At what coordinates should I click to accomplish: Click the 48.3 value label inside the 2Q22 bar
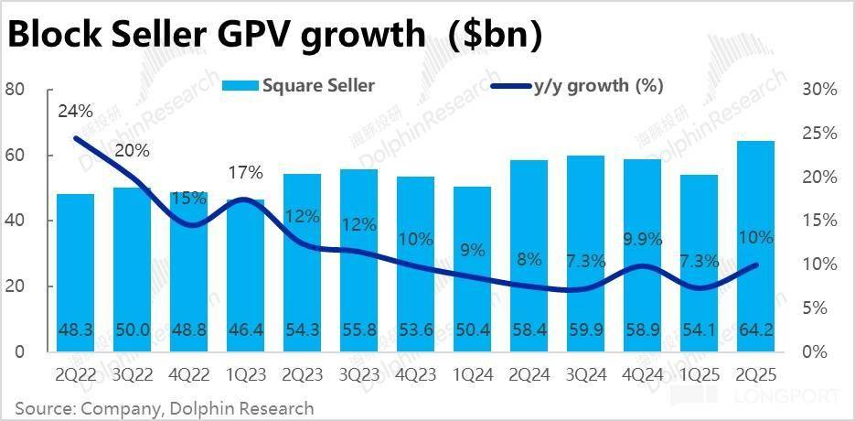[x=75, y=328]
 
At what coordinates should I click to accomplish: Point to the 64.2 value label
[x=755, y=328]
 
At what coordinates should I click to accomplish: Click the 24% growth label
[x=75, y=112]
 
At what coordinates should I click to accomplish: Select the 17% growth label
[x=245, y=172]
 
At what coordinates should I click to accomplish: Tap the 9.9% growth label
[x=642, y=240]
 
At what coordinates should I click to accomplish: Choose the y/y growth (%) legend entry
[x=578, y=86]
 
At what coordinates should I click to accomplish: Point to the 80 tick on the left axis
[x=14, y=90]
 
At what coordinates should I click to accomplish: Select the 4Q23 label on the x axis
[x=416, y=375]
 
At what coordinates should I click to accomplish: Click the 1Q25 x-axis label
[x=700, y=375]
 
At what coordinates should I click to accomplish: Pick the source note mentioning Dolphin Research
[x=165, y=407]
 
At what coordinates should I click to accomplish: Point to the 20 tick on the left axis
[x=14, y=286]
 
